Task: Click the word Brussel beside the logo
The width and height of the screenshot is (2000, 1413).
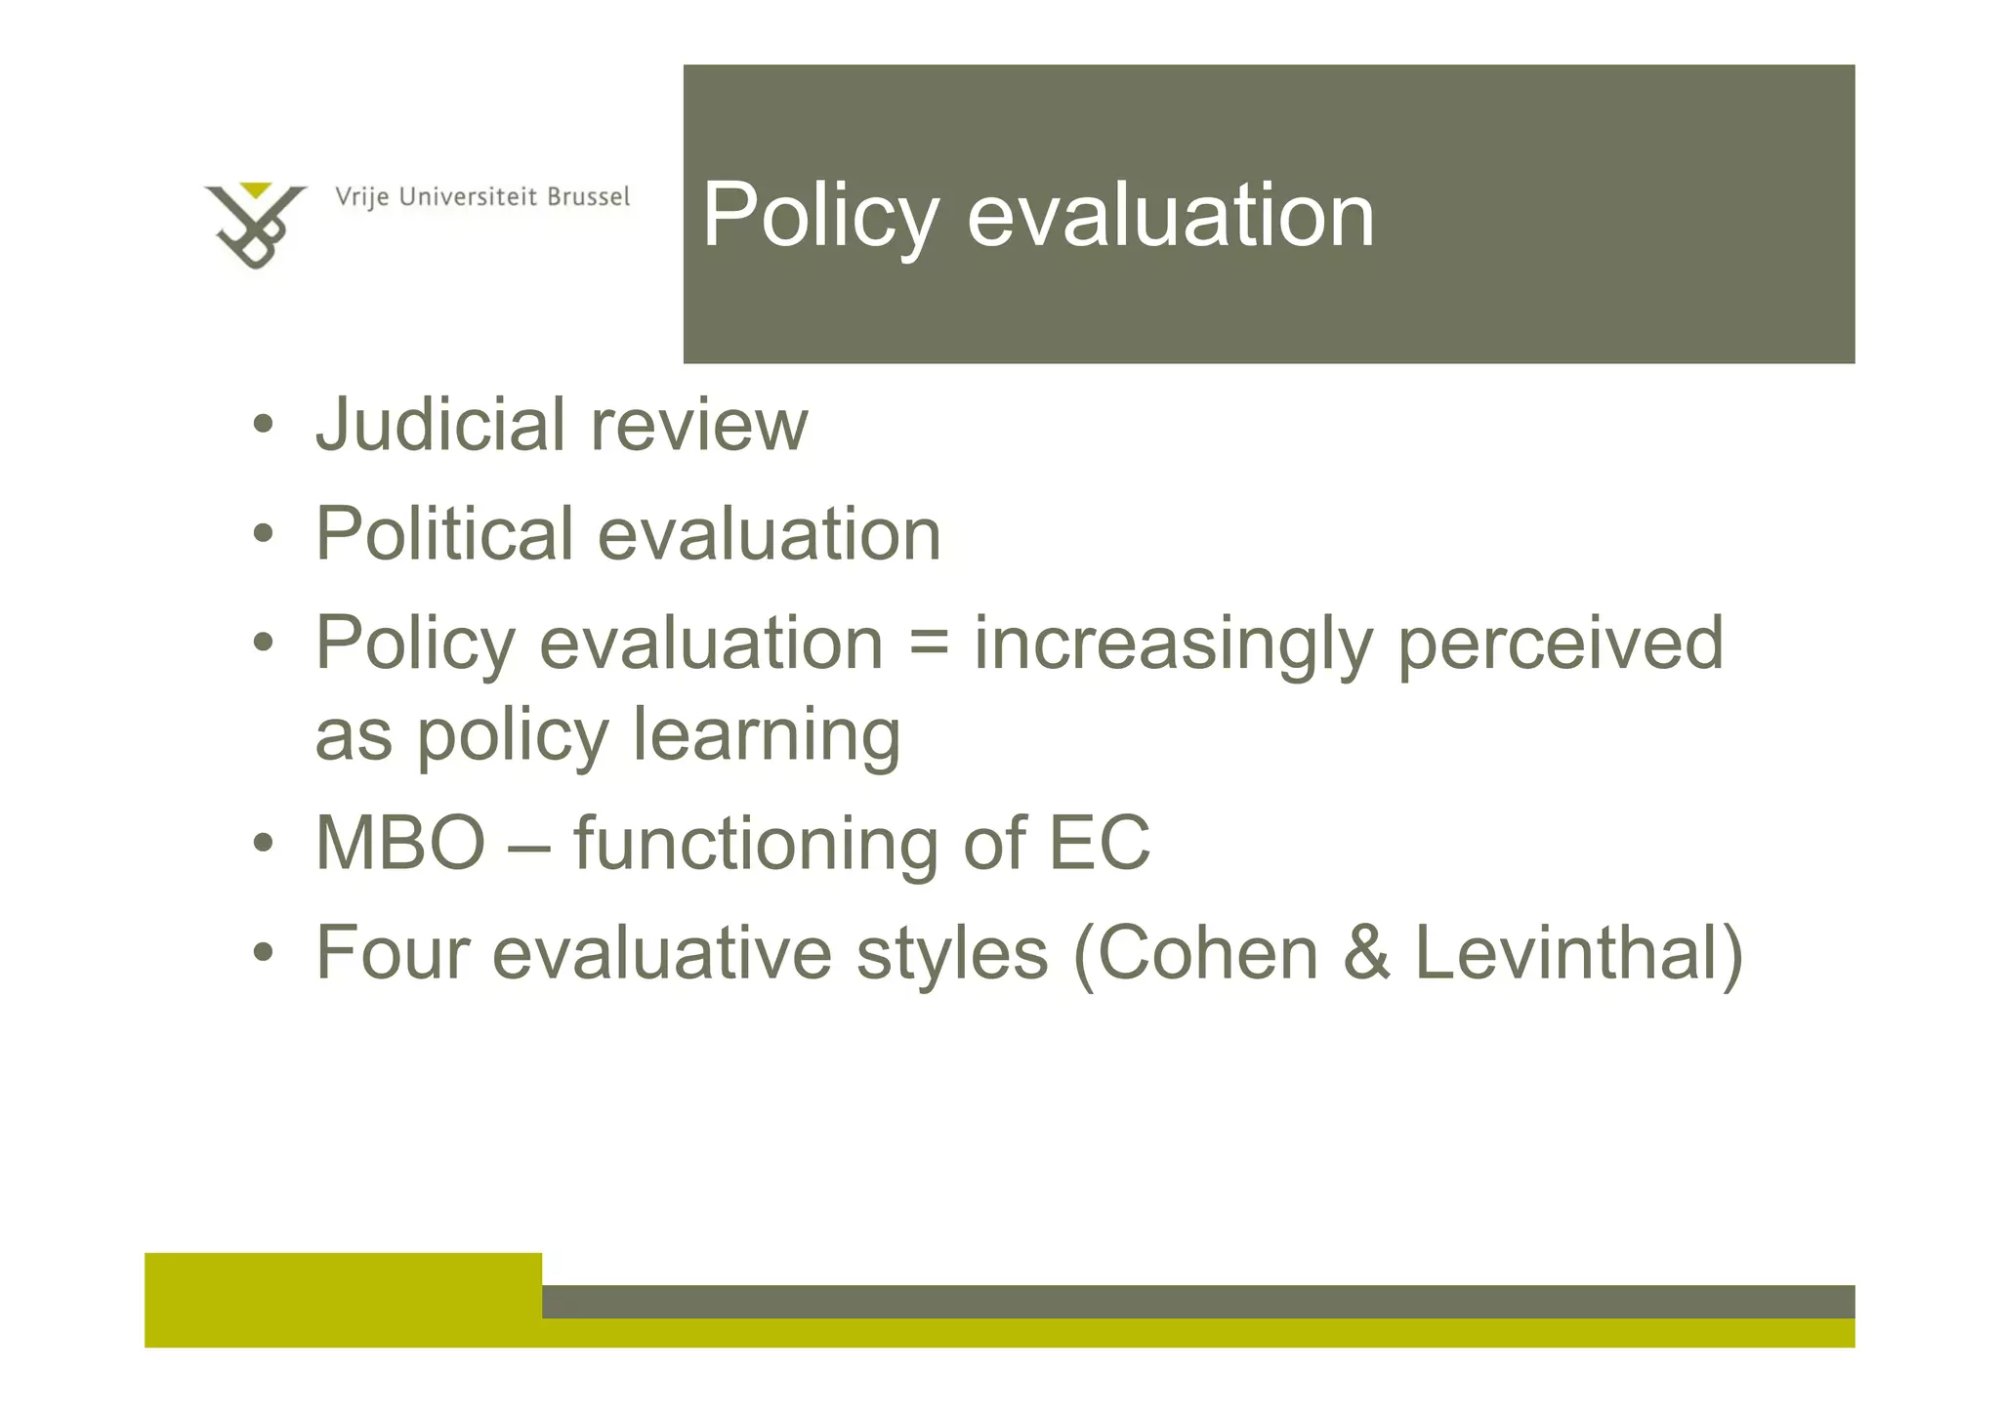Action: (x=588, y=197)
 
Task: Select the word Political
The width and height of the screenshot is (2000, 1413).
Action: (x=444, y=535)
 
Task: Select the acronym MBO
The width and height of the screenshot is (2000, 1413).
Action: (x=400, y=843)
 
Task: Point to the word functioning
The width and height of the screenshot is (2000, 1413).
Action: (x=755, y=845)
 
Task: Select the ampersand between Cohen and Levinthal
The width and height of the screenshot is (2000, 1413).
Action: (x=1366, y=953)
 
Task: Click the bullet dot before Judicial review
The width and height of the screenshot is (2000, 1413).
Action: (x=262, y=427)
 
